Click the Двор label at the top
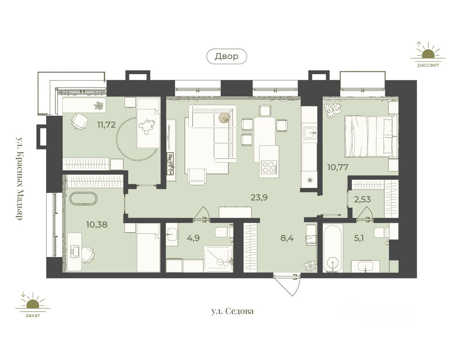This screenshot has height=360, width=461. click(227, 56)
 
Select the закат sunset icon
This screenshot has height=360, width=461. click(33, 305)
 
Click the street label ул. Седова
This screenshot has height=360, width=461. click(233, 311)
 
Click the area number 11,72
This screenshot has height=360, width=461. click(106, 125)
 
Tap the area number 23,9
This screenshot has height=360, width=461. click(259, 198)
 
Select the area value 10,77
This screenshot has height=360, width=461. click(338, 167)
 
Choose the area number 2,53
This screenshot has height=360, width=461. click(362, 199)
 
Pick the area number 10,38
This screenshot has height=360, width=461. click(97, 224)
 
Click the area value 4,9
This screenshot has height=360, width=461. click(193, 238)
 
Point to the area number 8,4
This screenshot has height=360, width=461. click(287, 238)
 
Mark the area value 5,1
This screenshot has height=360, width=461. click(359, 238)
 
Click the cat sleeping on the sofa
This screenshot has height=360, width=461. click(224, 118)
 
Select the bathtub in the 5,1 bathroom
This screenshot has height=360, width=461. click(333, 248)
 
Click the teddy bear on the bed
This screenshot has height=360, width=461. click(147, 127)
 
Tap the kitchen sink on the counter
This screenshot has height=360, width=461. click(310, 133)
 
